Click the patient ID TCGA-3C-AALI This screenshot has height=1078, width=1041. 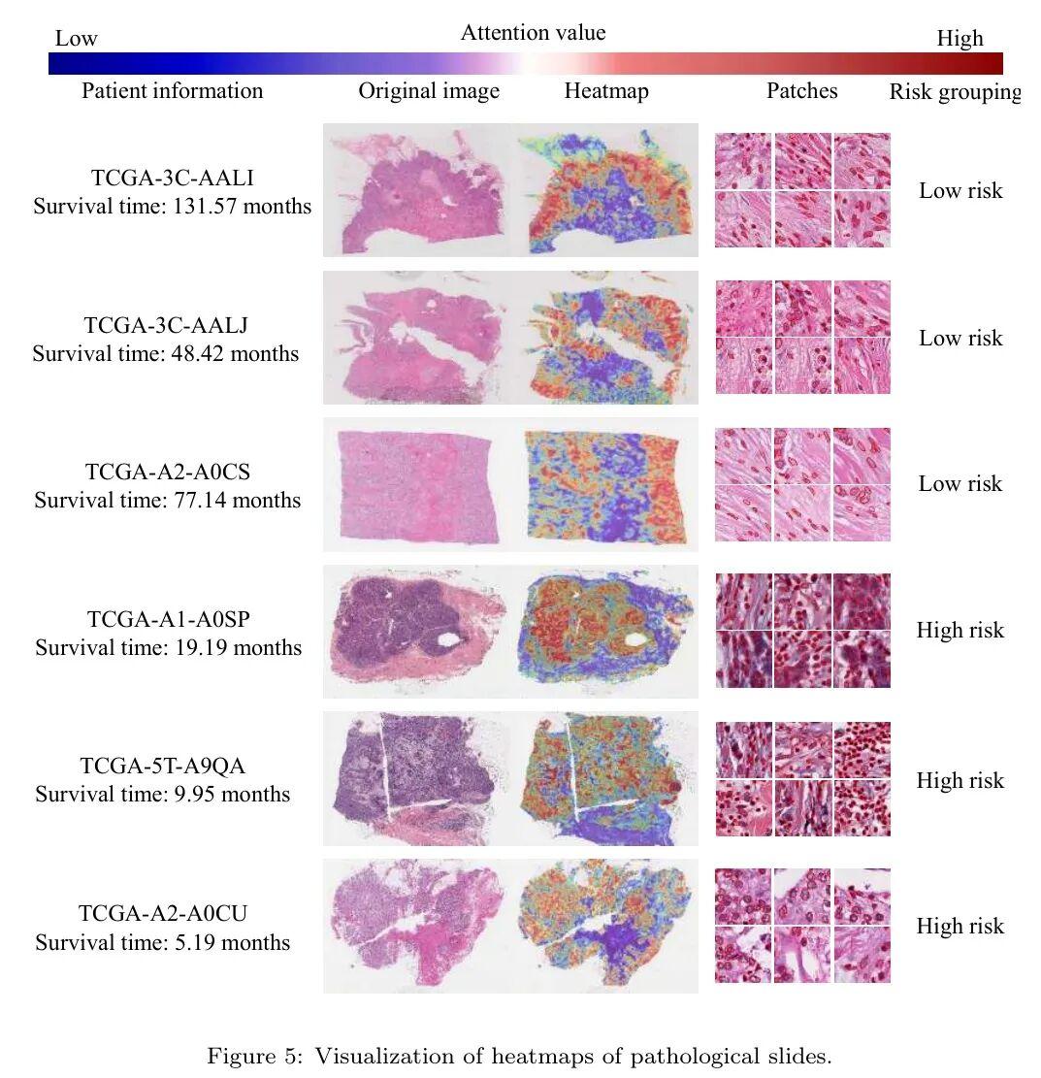coord(173,179)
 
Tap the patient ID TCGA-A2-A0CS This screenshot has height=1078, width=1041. coord(168,472)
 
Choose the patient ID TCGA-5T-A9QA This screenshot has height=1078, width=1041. coord(163,766)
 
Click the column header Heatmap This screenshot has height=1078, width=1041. coord(606,91)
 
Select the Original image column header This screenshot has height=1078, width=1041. coord(429,91)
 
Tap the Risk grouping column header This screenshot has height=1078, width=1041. coord(955,92)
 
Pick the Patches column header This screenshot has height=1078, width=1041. coord(801,91)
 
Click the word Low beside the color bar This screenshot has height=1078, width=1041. coord(77,39)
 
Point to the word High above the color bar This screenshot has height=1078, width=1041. coord(960,39)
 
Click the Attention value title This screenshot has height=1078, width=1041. coord(533,32)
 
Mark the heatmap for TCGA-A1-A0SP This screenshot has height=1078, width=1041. coord(606,632)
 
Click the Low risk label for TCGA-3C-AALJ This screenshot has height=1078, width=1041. coord(960,339)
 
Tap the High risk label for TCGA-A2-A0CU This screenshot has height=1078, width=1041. coord(960,926)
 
